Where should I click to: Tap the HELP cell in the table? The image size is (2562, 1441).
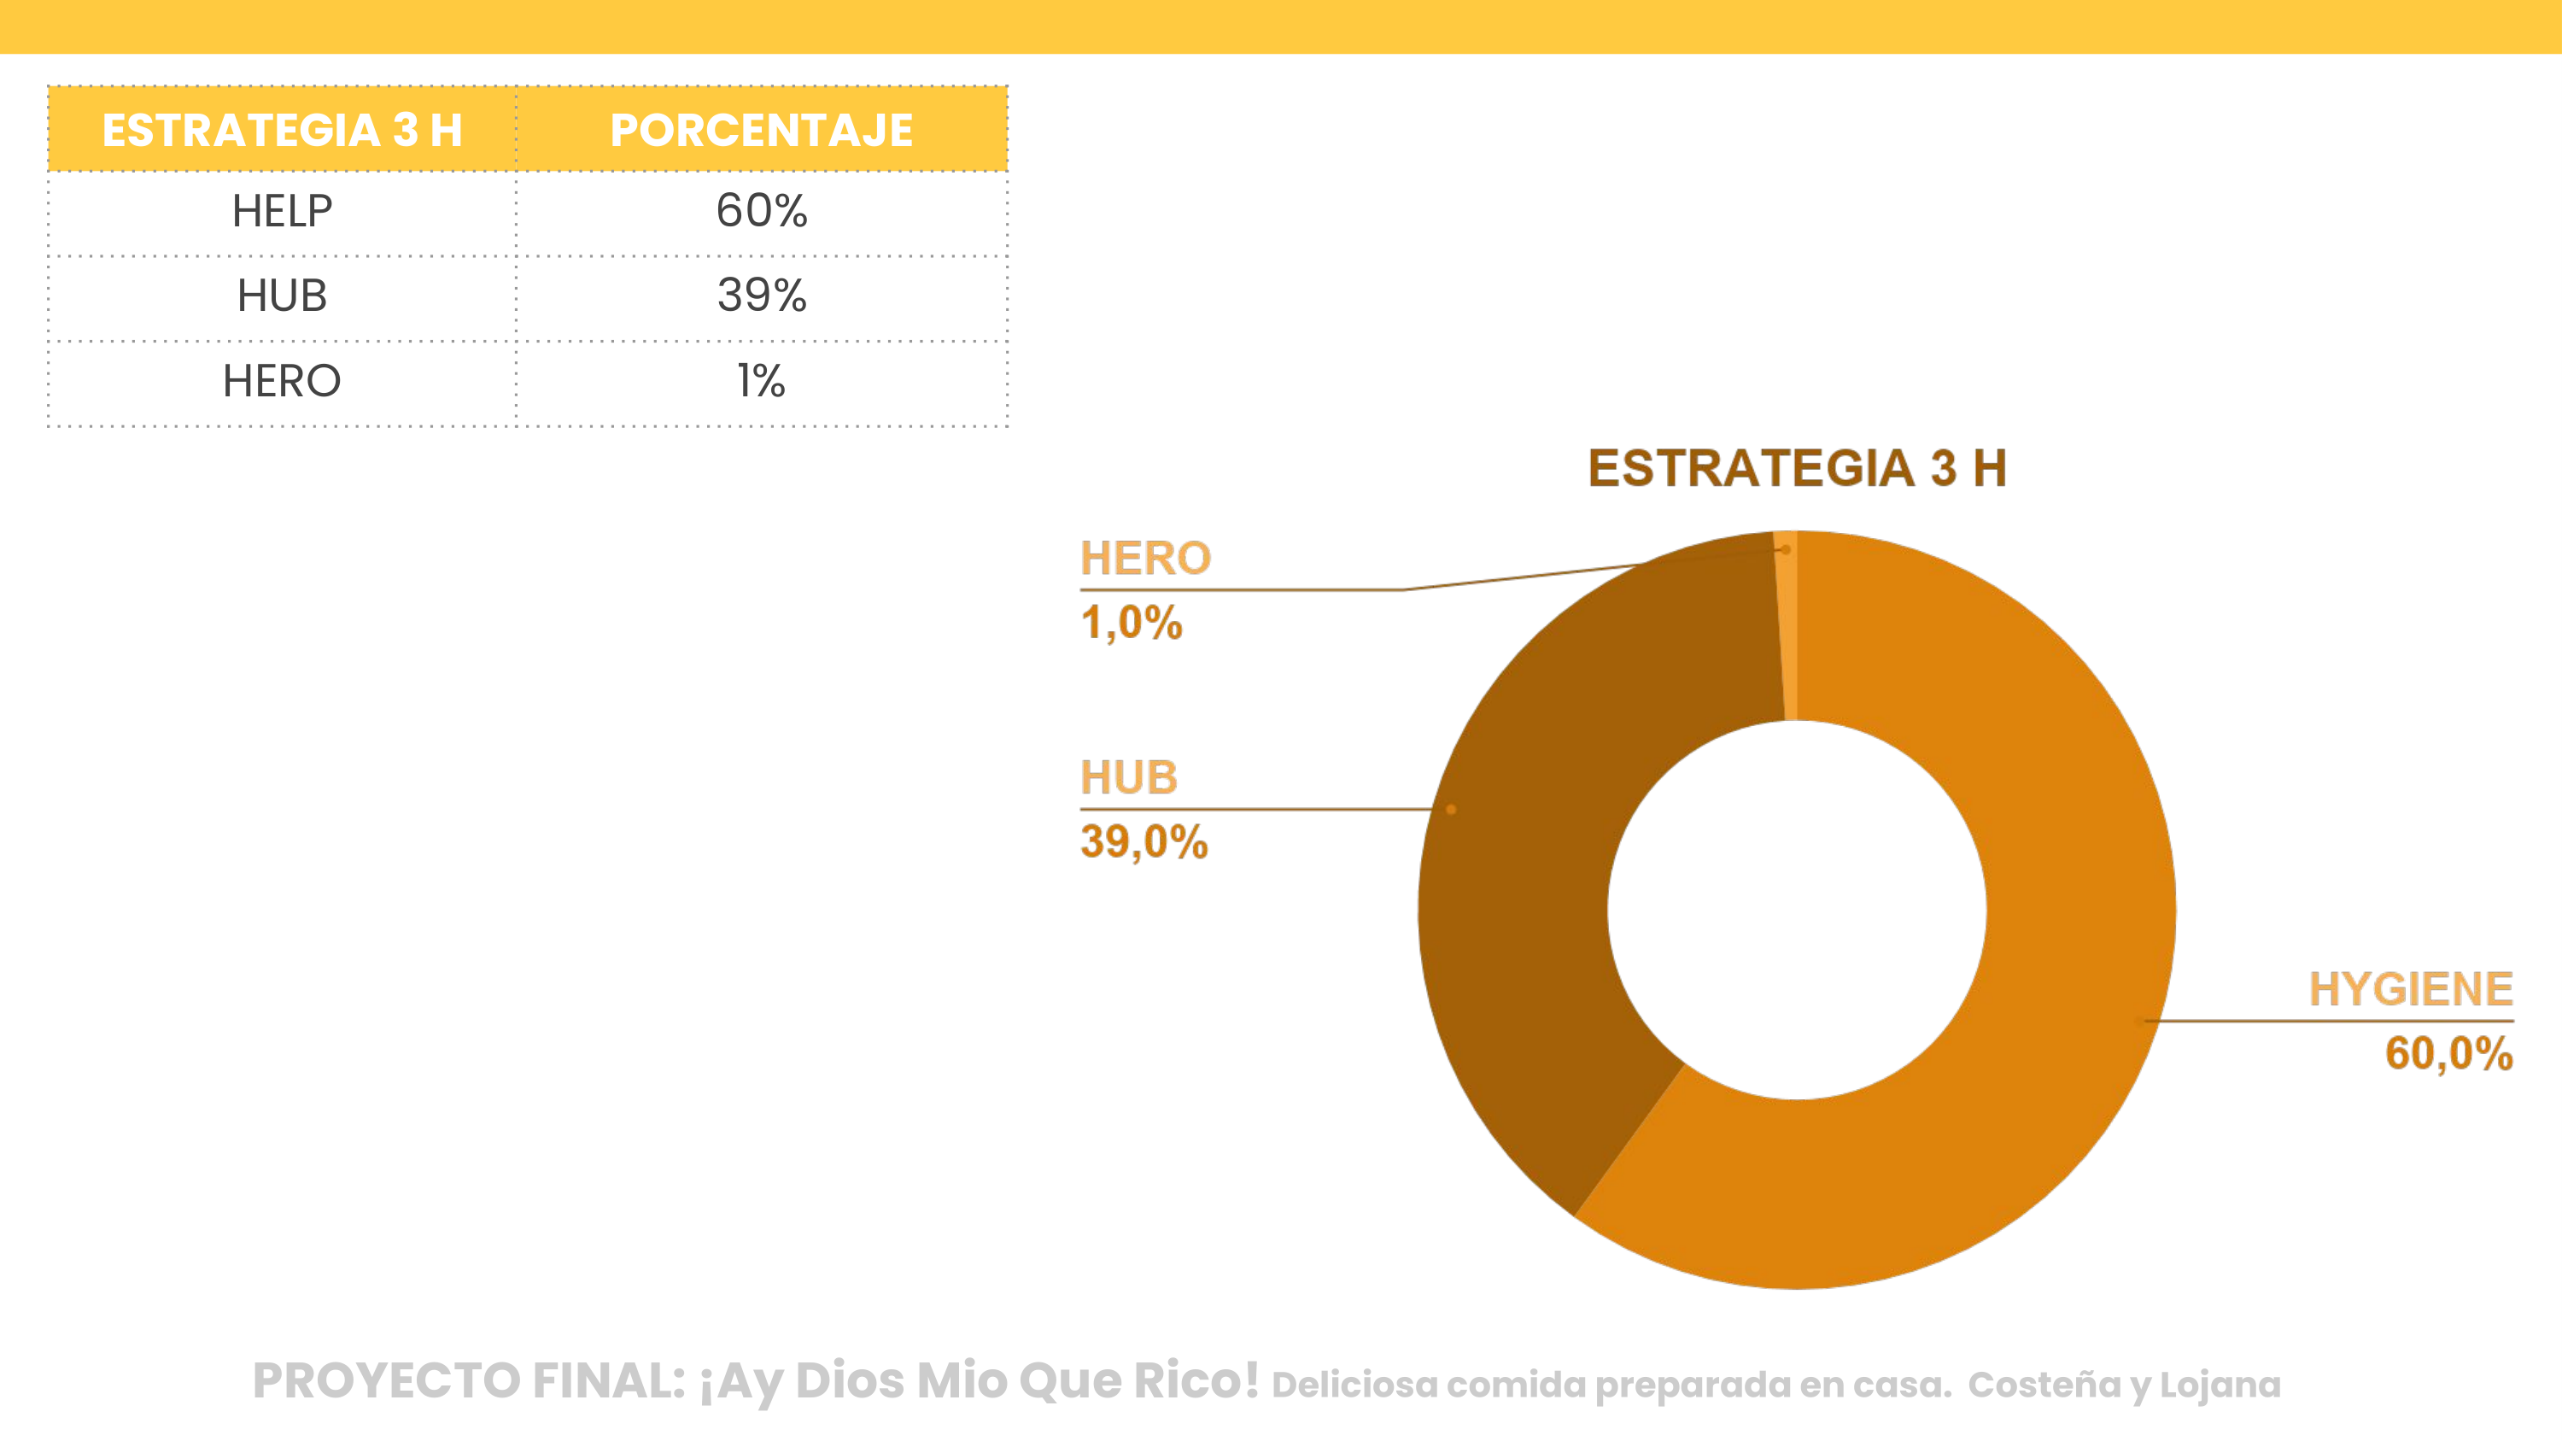coord(283,211)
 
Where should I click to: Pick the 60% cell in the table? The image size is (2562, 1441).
coord(761,211)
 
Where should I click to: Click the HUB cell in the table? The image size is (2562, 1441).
coord(283,296)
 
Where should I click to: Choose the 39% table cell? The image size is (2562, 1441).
coord(761,296)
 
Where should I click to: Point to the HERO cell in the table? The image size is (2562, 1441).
coord(283,381)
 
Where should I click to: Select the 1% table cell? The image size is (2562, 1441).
coord(761,381)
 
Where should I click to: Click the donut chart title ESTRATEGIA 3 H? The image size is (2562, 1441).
coord(1796,468)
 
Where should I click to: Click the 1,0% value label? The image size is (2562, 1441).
coord(1131,624)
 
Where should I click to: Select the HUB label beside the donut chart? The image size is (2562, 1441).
coord(1129,777)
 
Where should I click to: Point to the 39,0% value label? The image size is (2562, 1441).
coord(1144,842)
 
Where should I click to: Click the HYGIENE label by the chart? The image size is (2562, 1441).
coord(2410,989)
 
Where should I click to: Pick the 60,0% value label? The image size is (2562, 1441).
coord(2448,1054)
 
